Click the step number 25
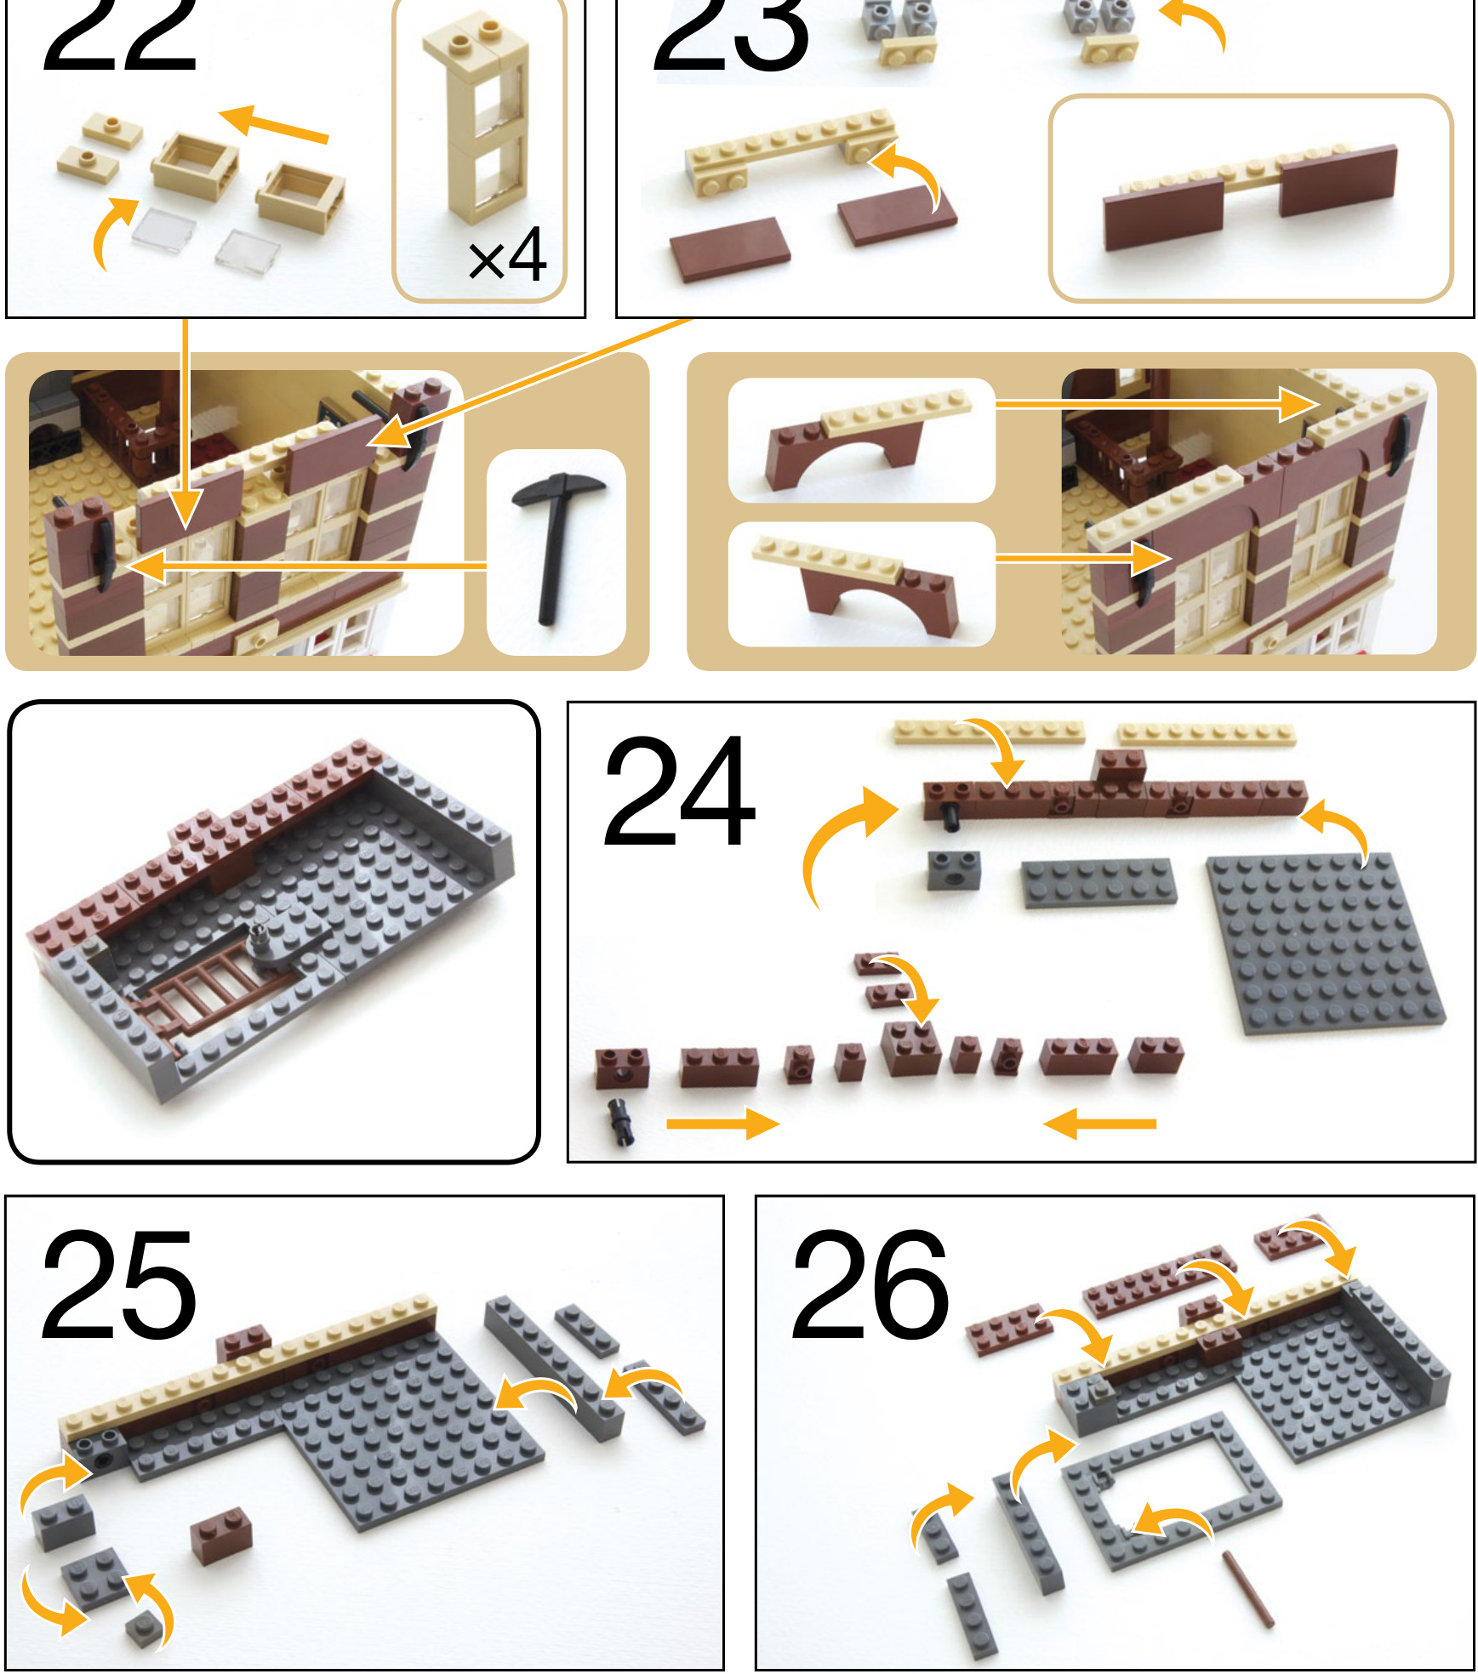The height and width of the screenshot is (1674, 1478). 118,1284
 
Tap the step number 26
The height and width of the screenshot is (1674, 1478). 870,1284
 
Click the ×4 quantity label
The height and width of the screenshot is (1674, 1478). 507,254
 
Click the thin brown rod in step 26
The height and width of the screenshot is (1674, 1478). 1248,1588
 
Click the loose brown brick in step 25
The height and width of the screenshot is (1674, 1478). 221,1536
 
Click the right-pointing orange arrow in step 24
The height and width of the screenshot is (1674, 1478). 722,1123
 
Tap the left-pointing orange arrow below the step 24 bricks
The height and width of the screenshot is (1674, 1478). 1099,1123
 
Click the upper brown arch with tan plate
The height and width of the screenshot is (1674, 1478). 866,436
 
